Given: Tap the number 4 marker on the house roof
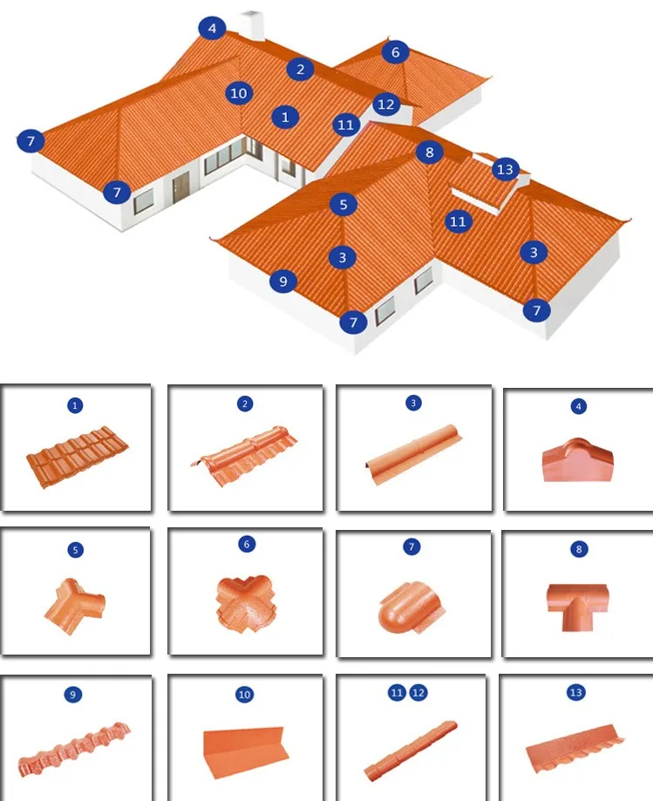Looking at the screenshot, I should pyautogui.click(x=212, y=28).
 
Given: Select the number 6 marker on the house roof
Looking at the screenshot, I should pyautogui.click(x=395, y=52).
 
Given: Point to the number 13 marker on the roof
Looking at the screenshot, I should pyautogui.click(x=505, y=169).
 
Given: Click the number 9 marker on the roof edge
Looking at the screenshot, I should pyautogui.click(x=282, y=281).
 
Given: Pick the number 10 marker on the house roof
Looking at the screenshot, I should pyautogui.click(x=239, y=92).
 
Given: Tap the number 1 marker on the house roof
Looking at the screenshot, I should pyautogui.click(x=285, y=116).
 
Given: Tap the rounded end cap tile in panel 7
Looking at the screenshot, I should pyautogui.click(x=411, y=602).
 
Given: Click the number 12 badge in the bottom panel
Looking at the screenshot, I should pyautogui.click(x=418, y=692).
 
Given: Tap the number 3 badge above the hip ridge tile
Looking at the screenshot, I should pyautogui.click(x=412, y=404).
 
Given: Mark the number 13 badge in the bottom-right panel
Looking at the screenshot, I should pyautogui.click(x=575, y=693).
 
